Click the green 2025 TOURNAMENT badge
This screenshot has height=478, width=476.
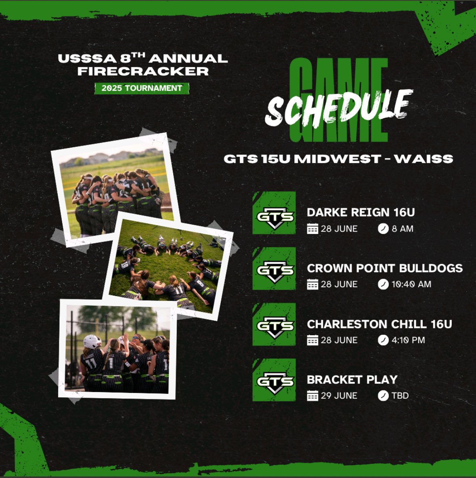tap(142, 88)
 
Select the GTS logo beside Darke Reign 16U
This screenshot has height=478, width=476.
tap(274, 213)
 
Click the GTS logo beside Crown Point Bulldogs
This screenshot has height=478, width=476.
tap(274, 269)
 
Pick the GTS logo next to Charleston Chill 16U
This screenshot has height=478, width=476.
tap(274, 325)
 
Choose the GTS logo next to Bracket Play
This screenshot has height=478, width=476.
tap(274, 380)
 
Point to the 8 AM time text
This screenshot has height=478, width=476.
tap(403, 229)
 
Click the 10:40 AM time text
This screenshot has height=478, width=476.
tap(411, 284)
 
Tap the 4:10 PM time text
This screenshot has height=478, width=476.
tap(408, 340)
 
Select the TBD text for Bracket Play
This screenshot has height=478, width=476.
tap(400, 396)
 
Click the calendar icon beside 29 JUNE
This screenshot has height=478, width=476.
tap(312, 396)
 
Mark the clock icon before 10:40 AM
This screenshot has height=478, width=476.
tap(383, 284)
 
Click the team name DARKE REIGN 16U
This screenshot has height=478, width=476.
tap(361, 213)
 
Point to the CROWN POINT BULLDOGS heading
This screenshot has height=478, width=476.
tap(384, 268)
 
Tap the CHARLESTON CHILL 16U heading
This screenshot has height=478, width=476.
tap(379, 324)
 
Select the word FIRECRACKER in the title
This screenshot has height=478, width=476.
tap(143, 71)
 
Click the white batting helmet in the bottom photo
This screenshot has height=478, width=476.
tap(92, 342)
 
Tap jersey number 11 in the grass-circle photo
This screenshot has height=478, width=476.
tap(178, 290)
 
